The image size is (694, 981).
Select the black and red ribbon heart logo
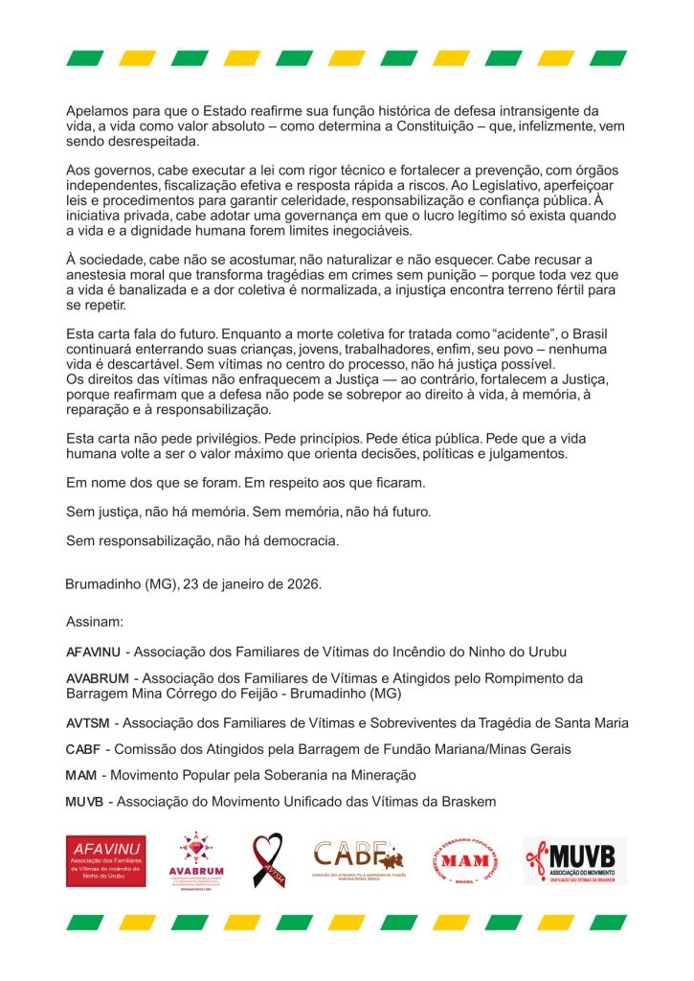[x=267, y=860]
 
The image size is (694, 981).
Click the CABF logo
[x=359, y=859]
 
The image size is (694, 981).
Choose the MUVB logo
[x=574, y=860]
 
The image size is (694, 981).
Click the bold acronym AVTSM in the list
[x=88, y=723]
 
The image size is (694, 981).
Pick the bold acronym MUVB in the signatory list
[x=84, y=801]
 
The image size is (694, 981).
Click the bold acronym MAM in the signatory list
[x=79, y=775]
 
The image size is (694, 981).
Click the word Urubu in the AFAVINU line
[x=546, y=652]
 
